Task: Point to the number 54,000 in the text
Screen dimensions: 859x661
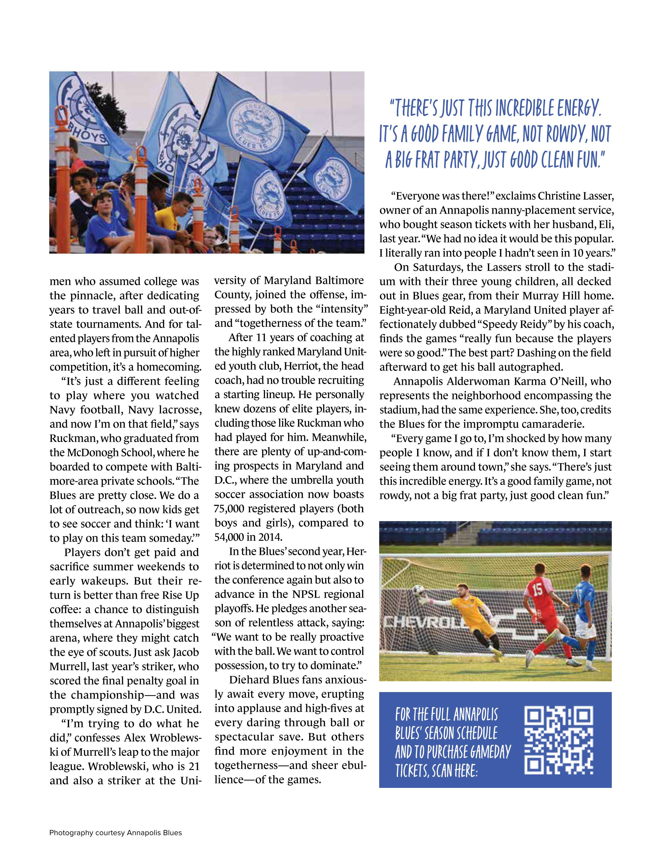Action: tap(229, 537)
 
